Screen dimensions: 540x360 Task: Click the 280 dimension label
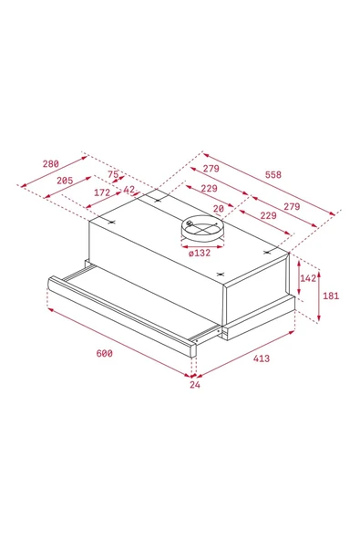pyautogui.click(x=50, y=164)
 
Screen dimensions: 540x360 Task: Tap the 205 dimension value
pyautogui.click(x=64, y=181)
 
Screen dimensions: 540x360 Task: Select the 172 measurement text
pyautogui.click(x=101, y=192)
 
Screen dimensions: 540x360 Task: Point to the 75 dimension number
pyautogui.click(x=114, y=175)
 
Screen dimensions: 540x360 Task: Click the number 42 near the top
pyautogui.click(x=129, y=190)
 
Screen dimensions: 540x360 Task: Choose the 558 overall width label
pyautogui.click(x=297, y=173)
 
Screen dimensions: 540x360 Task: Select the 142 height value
pyautogui.click(x=308, y=278)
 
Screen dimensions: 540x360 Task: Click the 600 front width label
pyautogui.click(x=104, y=353)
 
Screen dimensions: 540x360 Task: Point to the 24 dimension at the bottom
pyautogui.click(x=193, y=385)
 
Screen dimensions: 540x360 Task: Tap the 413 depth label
pyautogui.click(x=262, y=359)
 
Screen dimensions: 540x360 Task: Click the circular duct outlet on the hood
pyautogui.click(x=200, y=228)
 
